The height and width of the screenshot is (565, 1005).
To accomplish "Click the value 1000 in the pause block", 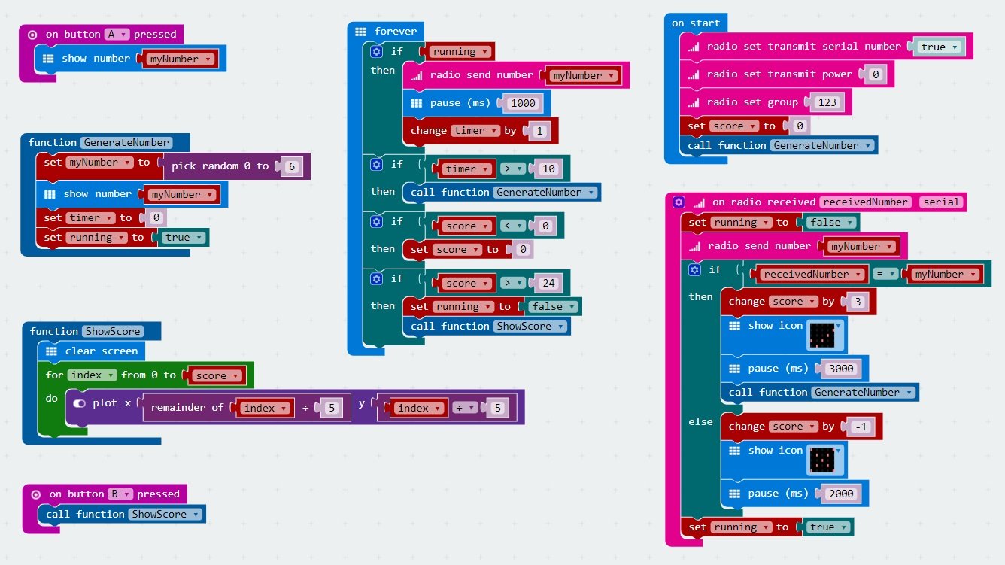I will [523, 103].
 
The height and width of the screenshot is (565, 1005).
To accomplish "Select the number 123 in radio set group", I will [827, 102].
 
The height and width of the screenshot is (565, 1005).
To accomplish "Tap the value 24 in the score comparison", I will [548, 283].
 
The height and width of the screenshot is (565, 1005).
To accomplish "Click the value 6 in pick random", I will [293, 166].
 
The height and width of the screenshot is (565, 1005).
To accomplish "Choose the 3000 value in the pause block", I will [841, 369].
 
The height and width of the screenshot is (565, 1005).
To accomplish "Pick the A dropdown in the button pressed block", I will [117, 34].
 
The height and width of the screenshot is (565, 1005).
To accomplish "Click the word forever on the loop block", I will [395, 32].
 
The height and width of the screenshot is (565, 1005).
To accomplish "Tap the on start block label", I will [696, 23].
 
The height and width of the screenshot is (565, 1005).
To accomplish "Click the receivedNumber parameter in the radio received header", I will [865, 202].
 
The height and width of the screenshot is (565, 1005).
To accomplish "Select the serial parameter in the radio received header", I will [941, 202].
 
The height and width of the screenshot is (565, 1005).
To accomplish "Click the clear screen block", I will [101, 351].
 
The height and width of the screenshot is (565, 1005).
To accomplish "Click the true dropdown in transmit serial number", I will [938, 47].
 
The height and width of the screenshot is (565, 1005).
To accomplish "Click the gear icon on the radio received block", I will [679, 202].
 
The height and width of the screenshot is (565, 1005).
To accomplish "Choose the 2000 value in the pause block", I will [841, 494].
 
